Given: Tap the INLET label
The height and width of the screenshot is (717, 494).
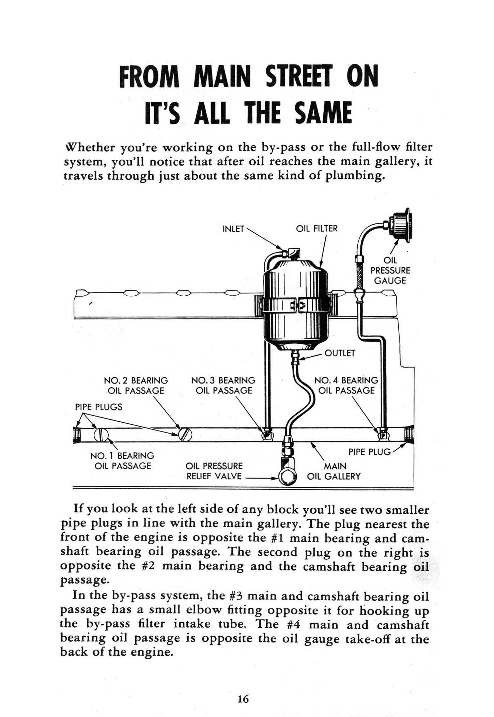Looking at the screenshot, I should (233, 229).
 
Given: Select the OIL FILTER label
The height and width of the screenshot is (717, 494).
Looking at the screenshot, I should (317, 229).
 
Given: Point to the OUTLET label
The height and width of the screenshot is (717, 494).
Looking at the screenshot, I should (340, 353).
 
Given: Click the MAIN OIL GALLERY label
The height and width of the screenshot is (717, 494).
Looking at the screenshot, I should (334, 471).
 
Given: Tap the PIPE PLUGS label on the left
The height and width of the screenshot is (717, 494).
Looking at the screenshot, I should (98, 407).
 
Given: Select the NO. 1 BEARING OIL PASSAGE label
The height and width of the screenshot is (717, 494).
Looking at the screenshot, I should (122, 461).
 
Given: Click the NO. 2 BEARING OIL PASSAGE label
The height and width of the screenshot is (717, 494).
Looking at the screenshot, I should (136, 385).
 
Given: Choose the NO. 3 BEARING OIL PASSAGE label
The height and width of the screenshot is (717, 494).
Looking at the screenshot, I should (223, 385).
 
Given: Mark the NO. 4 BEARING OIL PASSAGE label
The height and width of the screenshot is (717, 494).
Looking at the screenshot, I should (346, 385).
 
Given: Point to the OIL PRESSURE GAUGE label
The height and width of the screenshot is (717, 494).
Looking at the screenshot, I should (390, 270).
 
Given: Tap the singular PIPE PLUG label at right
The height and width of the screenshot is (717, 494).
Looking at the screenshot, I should (369, 452).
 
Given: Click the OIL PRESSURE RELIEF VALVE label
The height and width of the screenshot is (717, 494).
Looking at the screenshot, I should (214, 471).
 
